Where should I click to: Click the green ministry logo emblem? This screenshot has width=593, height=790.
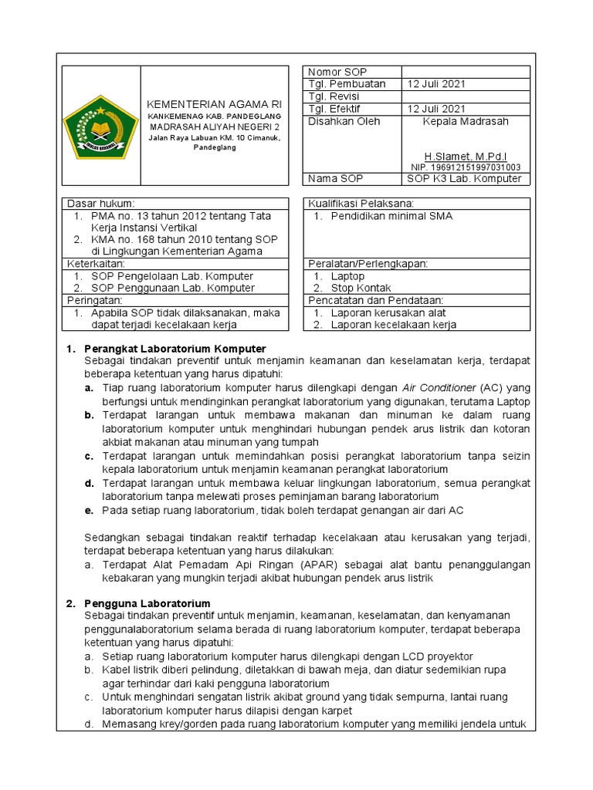point(100,125)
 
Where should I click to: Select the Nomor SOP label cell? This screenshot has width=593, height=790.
point(330,73)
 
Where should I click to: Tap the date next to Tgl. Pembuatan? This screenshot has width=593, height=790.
point(437,84)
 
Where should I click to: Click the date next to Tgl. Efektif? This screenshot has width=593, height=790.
point(437,109)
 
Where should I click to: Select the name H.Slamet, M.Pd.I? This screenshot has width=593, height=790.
point(466,156)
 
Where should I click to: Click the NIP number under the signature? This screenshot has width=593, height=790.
point(466,167)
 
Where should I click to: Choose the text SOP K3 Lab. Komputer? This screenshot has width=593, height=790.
point(465,180)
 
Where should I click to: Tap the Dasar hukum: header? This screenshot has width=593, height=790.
point(101,204)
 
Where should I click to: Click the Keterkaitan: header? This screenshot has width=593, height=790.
point(98,264)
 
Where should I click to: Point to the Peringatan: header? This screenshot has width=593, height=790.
point(97,299)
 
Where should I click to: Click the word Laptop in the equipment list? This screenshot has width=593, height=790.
point(347,276)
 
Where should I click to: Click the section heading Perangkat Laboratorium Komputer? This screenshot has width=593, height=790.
point(175,349)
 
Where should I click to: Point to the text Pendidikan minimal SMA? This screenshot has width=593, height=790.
point(391,216)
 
